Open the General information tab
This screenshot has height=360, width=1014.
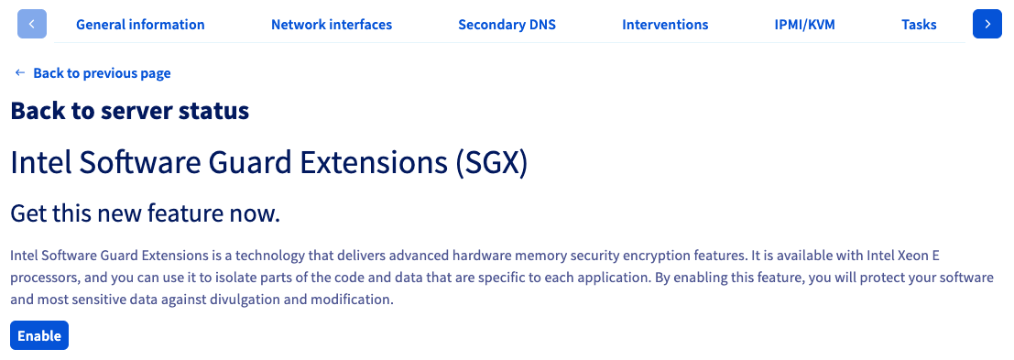tap(140, 25)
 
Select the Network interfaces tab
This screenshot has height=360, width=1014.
tap(332, 25)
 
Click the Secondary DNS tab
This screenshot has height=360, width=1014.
tap(507, 25)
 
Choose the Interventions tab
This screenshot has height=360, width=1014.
tap(665, 25)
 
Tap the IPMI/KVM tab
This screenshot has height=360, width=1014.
tap(804, 25)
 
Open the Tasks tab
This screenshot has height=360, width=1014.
tap(919, 25)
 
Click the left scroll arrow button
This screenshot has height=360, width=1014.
tap(32, 24)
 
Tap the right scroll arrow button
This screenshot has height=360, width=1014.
tap(987, 24)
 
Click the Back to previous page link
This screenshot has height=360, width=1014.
tap(103, 73)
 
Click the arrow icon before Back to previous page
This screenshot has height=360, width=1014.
tap(20, 73)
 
